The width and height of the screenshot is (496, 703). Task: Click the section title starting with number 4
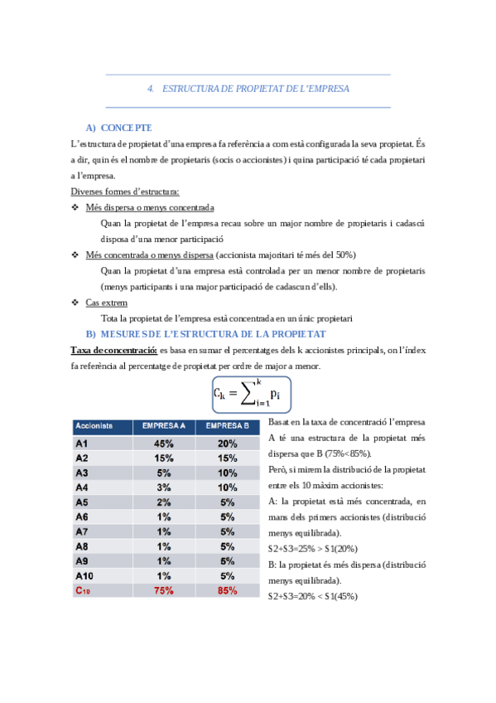coord(248,88)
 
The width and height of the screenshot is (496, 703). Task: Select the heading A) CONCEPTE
coord(118,128)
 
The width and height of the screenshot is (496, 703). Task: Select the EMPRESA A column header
coord(164,426)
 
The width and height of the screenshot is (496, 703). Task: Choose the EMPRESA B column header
coord(228,426)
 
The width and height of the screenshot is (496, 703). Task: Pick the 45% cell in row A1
coord(164,443)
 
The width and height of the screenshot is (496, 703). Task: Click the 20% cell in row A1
coord(228,443)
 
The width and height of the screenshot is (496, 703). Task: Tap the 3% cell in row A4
coord(164,487)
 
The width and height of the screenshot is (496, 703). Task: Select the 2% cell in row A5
coord(164,502)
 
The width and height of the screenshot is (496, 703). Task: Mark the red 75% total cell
coord(164,591)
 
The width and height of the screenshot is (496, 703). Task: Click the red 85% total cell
coord(228,591)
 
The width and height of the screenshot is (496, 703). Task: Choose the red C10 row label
coord(83,591)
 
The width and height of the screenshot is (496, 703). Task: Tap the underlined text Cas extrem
coord(107,303)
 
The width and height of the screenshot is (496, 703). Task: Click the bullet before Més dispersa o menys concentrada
coord(76,207)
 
